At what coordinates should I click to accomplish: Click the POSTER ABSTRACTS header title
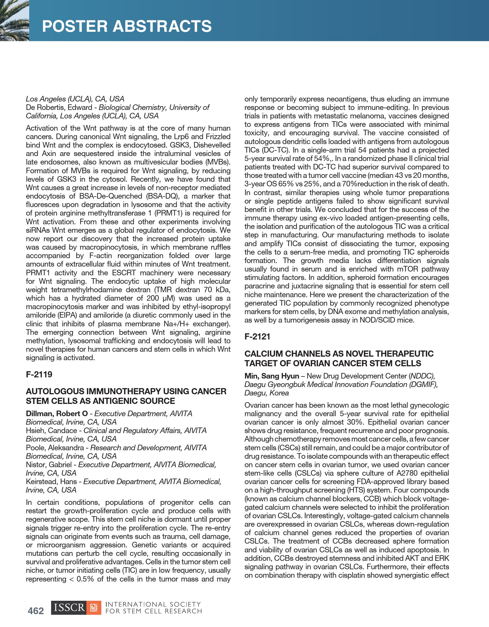[x=127, y=26]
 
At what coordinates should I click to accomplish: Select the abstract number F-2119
[x=39, y=374]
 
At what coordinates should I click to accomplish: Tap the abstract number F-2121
[x=257, y=337]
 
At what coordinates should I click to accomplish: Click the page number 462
[x=36, y=611]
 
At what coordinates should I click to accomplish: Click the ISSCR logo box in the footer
[x=69, y=608]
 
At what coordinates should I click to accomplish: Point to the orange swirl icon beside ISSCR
[x=94, y=608]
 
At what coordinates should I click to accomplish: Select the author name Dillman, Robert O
[x=57, y=414]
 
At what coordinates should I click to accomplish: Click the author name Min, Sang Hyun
[x=272, y=376]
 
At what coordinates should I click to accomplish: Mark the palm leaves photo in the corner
[x=14, y=20]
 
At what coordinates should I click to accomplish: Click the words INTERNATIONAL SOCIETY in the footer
[x=153, y=604]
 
